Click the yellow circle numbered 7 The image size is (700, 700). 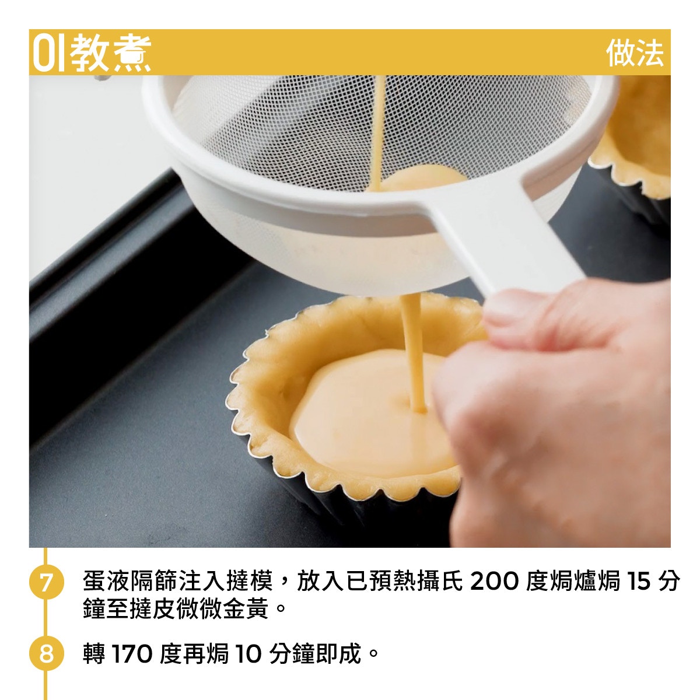47,582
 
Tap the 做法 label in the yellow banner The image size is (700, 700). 635,53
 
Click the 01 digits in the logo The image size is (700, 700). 48,53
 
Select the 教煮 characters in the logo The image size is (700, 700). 110,53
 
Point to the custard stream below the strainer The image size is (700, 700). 414,352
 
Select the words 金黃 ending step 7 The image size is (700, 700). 245,609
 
